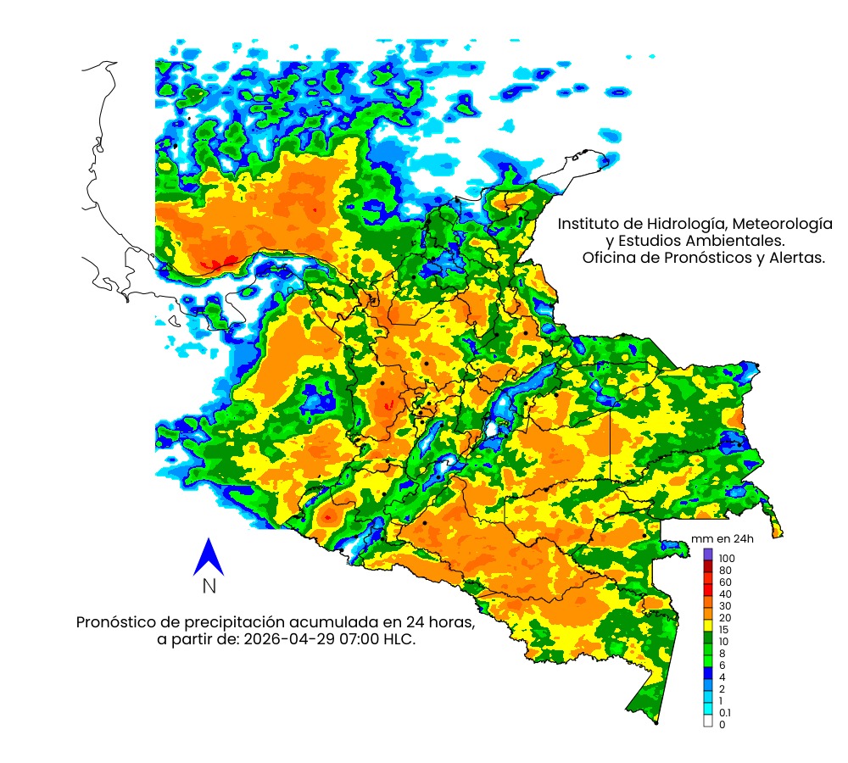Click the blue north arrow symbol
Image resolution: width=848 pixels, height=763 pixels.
click(208, 557)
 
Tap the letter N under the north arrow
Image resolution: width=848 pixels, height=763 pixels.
click(209, 586)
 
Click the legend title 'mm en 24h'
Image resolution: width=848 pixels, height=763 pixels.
click(722, 539)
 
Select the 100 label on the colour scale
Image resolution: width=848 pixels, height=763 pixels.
click(727, 559)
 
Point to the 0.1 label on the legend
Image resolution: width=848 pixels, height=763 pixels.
click(725, 713)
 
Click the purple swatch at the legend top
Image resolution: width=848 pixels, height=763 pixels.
click(708, 554)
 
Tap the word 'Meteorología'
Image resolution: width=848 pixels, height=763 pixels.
click(781, 225)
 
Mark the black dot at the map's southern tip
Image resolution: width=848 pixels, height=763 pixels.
click(656, 723)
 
